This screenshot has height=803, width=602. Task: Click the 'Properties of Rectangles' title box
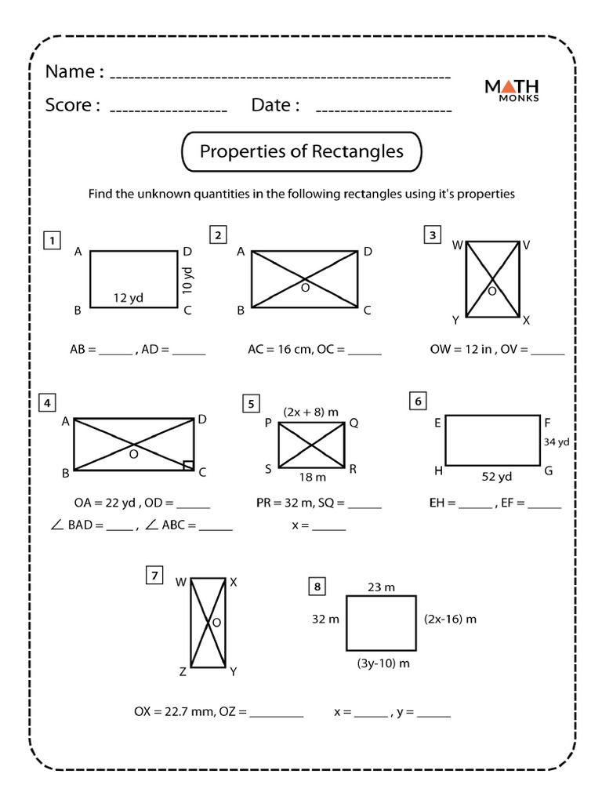[301, 151]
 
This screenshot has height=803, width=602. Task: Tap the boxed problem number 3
[431, 234]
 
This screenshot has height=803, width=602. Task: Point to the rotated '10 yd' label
[187, 280]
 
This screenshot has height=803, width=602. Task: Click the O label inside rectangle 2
[305, 289]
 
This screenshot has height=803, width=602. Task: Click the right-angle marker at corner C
[188, 465]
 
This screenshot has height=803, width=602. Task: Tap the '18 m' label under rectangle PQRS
[311, 477]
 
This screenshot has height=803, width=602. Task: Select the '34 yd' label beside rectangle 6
[556, 442]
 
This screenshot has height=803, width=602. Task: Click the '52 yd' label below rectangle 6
[496, 477]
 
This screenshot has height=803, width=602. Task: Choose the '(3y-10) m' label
[383, 663]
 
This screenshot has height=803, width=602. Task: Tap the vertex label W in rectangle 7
[180, 582]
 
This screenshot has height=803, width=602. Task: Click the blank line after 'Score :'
[168, 108]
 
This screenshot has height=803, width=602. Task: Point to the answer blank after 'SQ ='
[364, 507]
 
